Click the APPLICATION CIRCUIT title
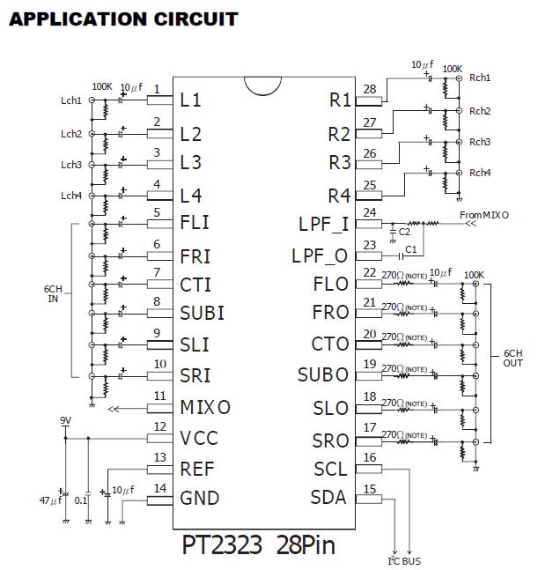[123, 19]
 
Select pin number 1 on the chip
[157, 89]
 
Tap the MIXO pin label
[205, 407]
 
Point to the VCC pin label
[199, 438]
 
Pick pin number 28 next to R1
[369, 89]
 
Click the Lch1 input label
[71, 101]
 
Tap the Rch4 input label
[480, 172]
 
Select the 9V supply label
[65, 421]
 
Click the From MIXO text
[484, 214]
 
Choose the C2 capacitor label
[404, 232]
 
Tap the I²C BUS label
[405, 560]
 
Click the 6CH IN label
[53, 293]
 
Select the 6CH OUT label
[513, 358]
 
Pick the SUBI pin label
[202, 313]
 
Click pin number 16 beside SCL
[370, 458]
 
